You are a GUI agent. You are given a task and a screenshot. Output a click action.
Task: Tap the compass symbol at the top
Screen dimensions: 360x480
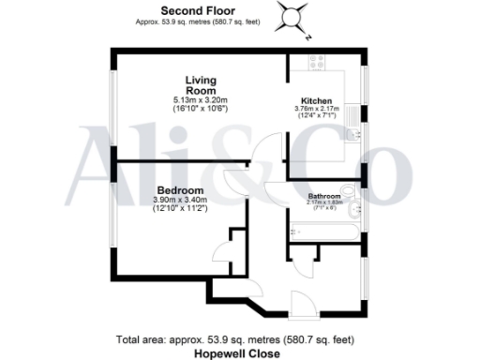pos(292,17)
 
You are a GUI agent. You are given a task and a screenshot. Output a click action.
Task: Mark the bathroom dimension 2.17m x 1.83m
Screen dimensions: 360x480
pos(324,202)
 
